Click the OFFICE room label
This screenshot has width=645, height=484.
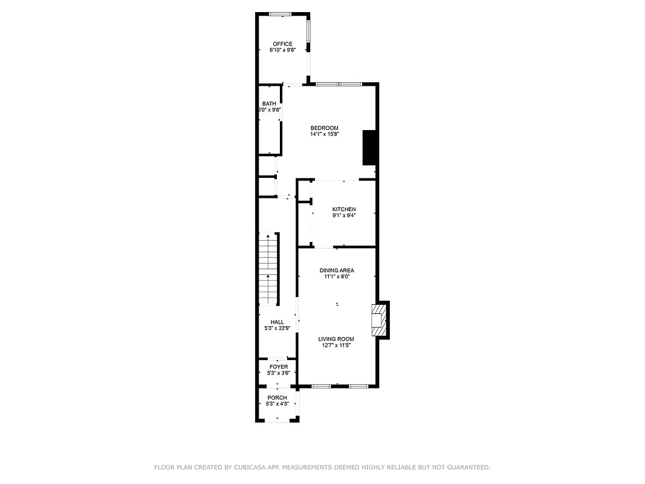(x=282, y=44)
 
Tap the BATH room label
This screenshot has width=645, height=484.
(x=269, y=103)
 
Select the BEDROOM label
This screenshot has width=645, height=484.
(x=324, y=128)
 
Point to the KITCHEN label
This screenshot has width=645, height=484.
(x=344, y=209)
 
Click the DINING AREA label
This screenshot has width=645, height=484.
(x=337, y=270)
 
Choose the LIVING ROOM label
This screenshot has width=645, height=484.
(x=336, y=339)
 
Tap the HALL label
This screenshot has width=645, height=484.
(x=277, y=322)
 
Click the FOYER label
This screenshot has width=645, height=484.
(x=279, y=367)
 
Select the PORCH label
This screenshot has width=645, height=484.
(x=277, y=397)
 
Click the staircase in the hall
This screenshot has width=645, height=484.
(x=268, y=269)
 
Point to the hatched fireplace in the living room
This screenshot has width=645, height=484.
(x=378, y=319)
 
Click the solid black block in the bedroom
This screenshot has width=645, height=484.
(x=369, y=148)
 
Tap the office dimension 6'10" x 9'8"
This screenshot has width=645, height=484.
(x=282, y=50)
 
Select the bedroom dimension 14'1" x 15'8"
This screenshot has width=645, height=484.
(x=325, y=134)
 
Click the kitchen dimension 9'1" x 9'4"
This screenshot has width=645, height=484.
(x=344, y=215)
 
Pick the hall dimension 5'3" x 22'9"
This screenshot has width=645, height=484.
(x=277, y=329)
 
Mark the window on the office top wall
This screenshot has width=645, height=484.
(x=280, y=14)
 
